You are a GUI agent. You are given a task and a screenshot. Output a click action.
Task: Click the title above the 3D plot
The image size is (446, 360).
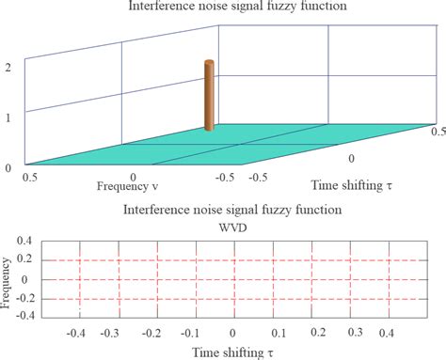[223, 8]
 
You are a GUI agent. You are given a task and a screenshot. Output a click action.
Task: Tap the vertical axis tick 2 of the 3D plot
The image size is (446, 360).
[8, 69]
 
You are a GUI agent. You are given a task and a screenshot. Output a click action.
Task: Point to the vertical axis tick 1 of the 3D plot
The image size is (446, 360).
[8, 118]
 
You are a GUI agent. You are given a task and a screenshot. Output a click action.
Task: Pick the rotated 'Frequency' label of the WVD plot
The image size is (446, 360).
[8, 280]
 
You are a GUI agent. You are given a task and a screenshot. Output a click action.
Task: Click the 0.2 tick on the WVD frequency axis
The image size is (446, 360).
[27, 261]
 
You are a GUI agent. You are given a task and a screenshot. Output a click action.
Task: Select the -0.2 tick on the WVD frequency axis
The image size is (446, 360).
[25, 299]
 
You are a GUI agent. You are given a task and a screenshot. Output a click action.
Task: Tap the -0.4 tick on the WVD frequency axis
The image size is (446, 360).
[25, 317]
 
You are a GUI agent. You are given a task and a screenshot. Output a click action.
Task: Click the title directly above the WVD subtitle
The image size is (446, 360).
[223, 211]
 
